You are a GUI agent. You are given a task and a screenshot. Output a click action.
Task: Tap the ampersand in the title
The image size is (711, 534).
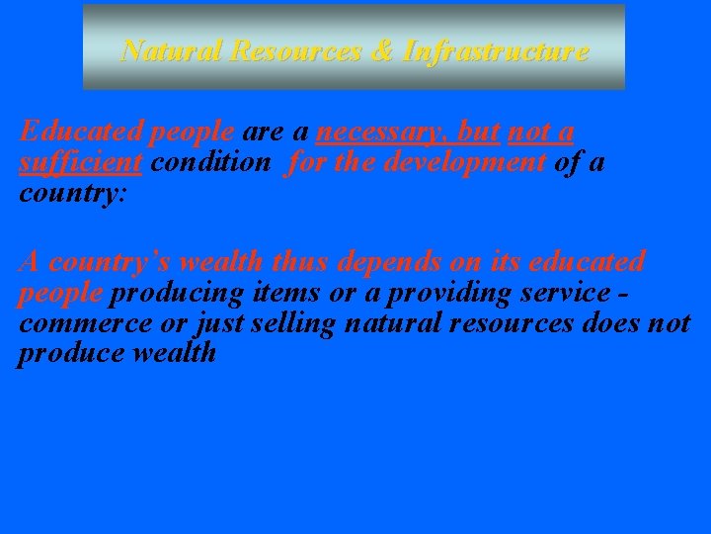click(383, 50)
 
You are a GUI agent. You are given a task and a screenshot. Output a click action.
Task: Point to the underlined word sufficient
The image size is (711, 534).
click(82, 162)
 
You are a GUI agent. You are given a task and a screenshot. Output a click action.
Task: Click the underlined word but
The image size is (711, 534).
click(478, 133)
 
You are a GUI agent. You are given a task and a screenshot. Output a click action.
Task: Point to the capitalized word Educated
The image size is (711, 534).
click(78, 133)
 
